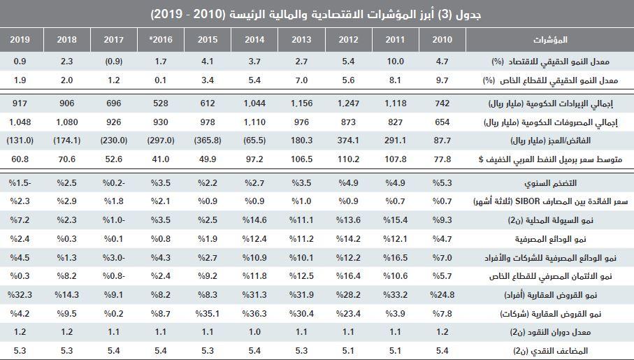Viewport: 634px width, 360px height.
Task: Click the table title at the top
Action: [x=317, y=13]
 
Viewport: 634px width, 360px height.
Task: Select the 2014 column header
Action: [x=254, y=38]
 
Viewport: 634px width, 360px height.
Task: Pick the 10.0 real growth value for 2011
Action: [x=395, y=62]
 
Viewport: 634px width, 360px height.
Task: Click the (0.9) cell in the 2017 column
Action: [x=114, y=62]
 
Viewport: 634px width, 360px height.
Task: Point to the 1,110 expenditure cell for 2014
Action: [x=254, y=122]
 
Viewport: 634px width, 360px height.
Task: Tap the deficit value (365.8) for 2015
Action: [x=208, y=141]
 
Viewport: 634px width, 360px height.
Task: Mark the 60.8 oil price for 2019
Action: [x=20, y=159]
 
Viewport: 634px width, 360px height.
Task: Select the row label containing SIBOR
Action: [x=531, y=201]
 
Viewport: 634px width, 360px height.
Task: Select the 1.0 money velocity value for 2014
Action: [x=254, y=331]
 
